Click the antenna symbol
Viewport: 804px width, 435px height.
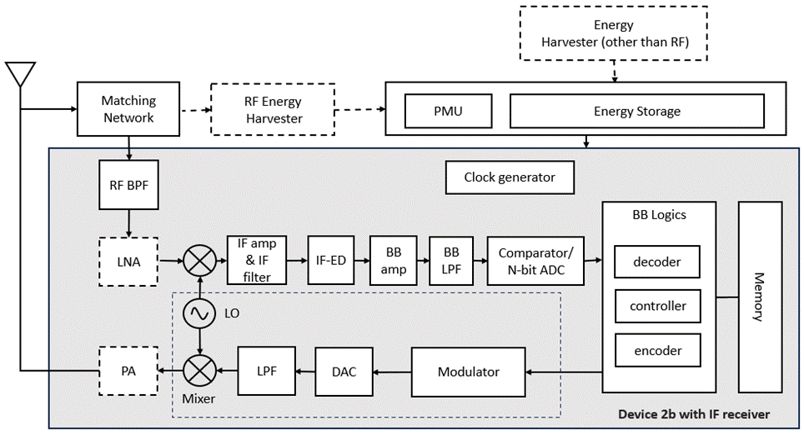coord(20,74)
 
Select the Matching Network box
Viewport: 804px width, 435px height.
coord(128,109)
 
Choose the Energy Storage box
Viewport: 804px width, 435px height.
coord(636,111)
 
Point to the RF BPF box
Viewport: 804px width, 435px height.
coord(128,185)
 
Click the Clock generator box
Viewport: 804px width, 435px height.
coord(510,177)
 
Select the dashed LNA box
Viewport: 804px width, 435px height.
coord(128,262)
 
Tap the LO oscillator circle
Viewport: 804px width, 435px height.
coord(199,314)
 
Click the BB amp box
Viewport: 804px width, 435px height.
coord(393,261)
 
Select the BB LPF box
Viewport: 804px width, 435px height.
coord(451,261)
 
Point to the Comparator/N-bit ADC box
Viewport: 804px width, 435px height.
coord(535,261)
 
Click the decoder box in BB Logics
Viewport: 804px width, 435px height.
coord(657,262)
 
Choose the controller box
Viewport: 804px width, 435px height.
coord(657,306)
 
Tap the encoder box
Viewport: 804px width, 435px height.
coord(657,351)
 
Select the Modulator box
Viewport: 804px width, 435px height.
coord(468,372)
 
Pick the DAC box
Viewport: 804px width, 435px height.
coord(344,372)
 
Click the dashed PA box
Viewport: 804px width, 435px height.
coord(128,369)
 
